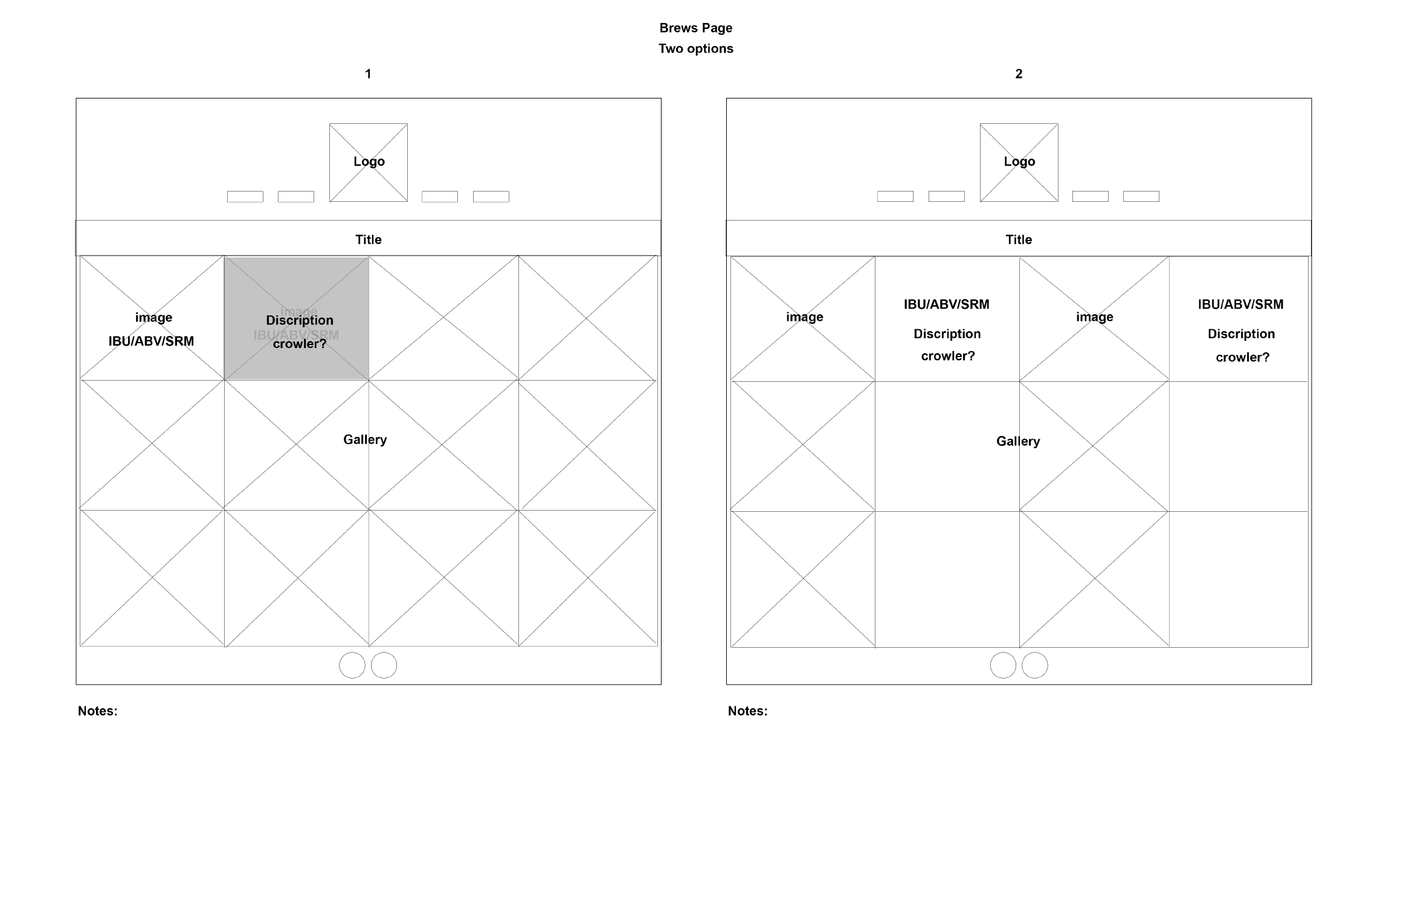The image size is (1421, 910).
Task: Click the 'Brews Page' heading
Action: (695, 28)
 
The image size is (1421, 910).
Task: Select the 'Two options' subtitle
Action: (695, 48)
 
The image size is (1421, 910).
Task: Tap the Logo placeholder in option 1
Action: (369, 162)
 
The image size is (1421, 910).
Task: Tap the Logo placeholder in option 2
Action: (1019, 162)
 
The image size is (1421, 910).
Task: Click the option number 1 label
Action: (368, 74)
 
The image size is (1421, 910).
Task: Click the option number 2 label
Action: (1019, 74)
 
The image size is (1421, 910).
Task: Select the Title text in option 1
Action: (368, 239)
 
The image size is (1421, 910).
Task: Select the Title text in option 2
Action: (1019, 239)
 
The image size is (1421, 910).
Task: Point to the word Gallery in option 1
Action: (365, 439)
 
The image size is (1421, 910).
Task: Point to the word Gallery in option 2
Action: (1018, 441)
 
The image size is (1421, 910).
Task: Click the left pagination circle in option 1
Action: (352, 665)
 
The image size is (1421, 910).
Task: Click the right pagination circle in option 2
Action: (1034, 665)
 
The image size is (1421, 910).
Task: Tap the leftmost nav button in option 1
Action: (245, 196)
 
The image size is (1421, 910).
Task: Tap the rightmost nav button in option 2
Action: (1141, 196)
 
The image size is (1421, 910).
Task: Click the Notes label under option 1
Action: (97, 711)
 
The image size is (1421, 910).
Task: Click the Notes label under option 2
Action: (747, 711)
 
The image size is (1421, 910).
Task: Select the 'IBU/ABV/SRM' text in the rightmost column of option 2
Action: (1240, 304)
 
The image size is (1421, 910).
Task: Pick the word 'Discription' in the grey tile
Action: (300, 320)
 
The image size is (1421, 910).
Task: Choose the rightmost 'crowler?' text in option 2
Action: (1242, 357)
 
